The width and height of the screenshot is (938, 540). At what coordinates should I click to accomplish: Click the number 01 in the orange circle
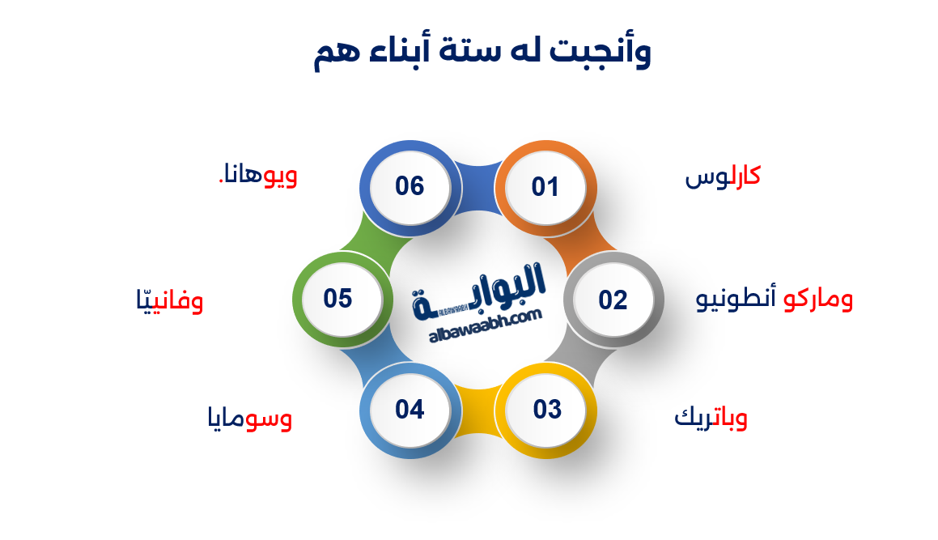point(545,188)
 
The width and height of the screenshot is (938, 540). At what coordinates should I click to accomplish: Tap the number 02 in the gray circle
point(613,300)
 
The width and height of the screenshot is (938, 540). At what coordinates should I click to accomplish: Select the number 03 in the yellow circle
point(547,410)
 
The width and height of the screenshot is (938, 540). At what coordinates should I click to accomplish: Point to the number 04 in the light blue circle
point(410,410)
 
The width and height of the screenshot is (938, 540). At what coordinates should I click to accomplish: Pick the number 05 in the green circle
point(338,299)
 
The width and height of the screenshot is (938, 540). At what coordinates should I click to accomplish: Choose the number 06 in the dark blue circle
point(410,186)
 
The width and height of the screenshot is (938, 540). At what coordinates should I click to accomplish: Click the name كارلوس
point(723,177)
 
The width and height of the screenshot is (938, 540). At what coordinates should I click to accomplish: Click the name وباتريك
point(711,419)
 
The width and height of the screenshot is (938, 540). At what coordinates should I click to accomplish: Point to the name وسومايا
point(249,419)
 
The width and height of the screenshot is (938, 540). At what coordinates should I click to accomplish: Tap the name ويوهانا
point(258,176)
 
